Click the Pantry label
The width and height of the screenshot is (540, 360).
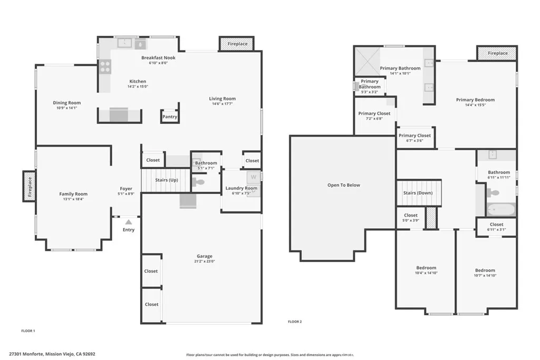pos(170,117)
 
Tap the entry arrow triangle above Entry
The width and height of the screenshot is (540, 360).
pos(128,222)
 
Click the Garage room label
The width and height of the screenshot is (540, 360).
pos(205,257)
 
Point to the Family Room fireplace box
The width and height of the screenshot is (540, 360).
pos(30,186)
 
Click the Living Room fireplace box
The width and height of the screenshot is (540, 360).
pos(236,44)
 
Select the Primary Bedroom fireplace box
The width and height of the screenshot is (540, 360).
pos(497,53)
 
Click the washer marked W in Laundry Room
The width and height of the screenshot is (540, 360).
pos(253,177)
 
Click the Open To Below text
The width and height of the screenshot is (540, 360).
pos(343,185)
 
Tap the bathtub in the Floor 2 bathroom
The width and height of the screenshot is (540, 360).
pos(500,210)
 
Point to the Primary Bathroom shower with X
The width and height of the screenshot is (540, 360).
pos(367,62)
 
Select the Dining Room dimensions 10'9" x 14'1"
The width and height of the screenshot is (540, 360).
pos(66,108)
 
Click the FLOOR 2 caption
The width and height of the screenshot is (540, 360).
pos(295,322)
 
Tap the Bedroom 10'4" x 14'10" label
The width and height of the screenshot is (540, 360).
pos(426,270)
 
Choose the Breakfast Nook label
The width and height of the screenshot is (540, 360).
pos(158,57)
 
